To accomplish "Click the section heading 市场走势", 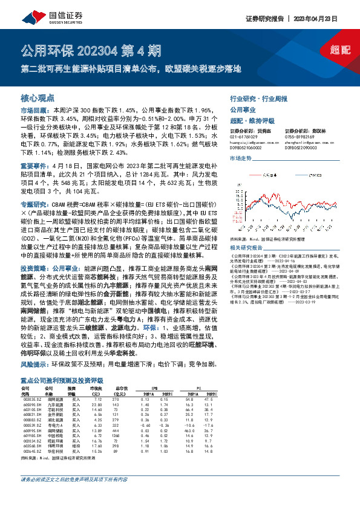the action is tap(240, 158).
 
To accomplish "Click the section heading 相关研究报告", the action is tap(244, 248).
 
